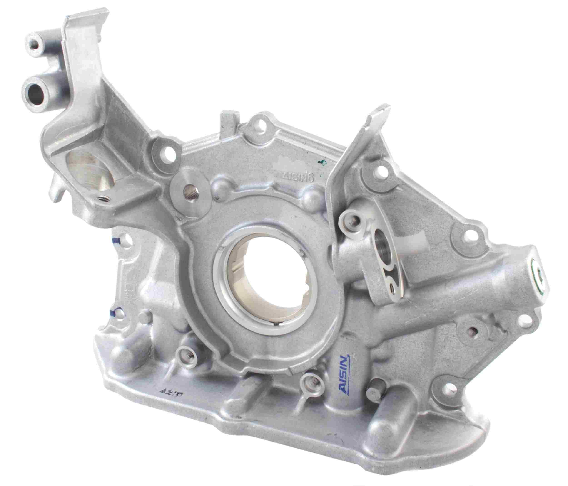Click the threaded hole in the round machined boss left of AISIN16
click(x=189, y=188)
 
